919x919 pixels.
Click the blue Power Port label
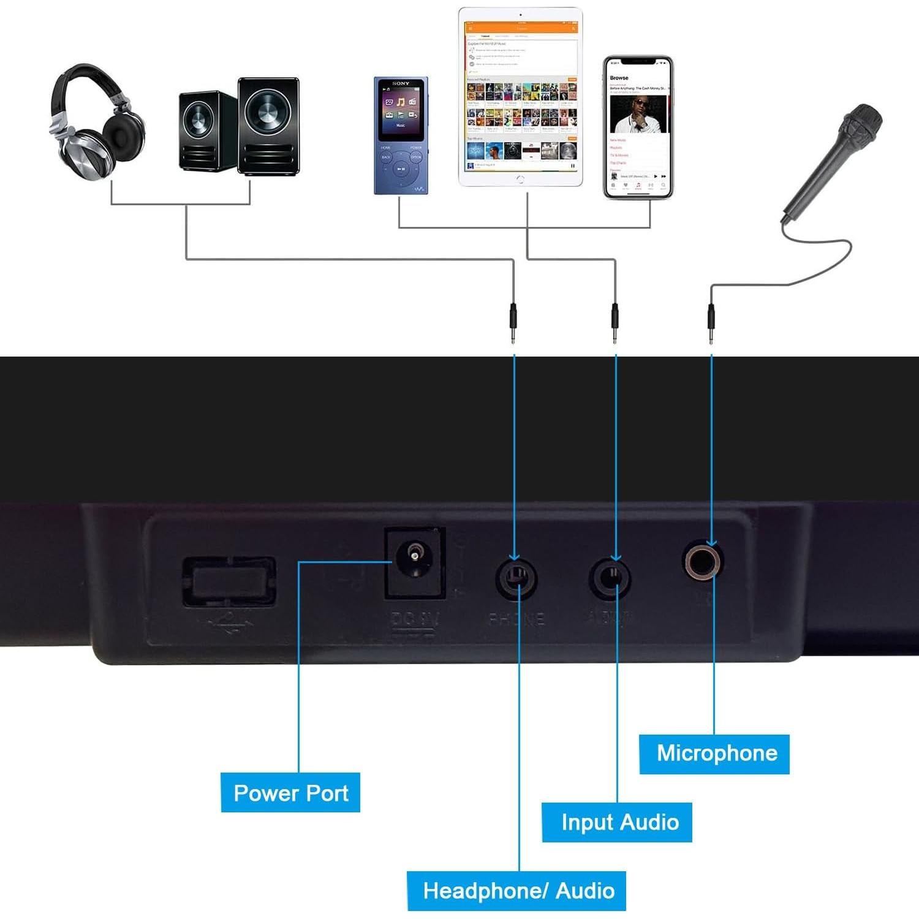pyautogui.click(x=290, y=793)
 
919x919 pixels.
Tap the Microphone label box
pyautogui.click(x=714, y=754)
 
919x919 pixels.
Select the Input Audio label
pyautogui.click(x=617, y=822)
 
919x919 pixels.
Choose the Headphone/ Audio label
pyautogui.click(x=516, y=891)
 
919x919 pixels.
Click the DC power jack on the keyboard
pyautogui.click(x=414, y=561)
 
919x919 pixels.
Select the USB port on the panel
pyautogui.click(x=229, y=580)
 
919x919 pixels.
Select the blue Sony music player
pyautogui.click(x=401, y=135)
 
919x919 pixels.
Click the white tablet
pyautogui.click(x=520, y=97)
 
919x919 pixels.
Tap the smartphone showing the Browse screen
pyautogui.click(x=638, y=128)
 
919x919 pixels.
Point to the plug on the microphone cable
pyautogui.click(x=711, y=323)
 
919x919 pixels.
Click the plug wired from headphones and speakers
pyautogui.click(x=513, y=323)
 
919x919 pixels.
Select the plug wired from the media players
pyautogui.click(x=615, y=323)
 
